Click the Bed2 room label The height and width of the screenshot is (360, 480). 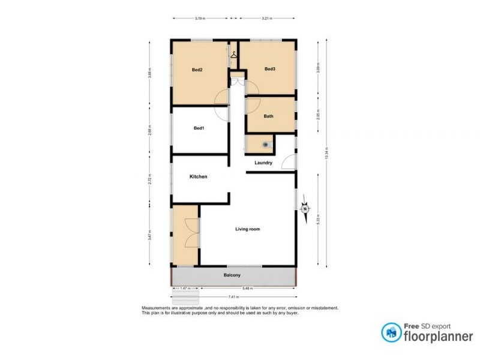[197, 70]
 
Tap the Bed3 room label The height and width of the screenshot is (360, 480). [270, 69]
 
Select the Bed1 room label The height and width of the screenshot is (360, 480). [199, 128]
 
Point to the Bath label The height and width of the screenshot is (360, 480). [268, 116]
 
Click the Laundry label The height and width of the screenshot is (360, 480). [263, 163]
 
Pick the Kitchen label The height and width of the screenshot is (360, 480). [199, 177]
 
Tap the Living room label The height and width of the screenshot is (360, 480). [247, 229]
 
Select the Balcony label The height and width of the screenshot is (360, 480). [232, 275]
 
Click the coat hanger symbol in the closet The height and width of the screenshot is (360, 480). [233, 53]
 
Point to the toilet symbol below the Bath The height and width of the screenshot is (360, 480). [264, 144]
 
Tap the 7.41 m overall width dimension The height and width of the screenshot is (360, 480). [232, 297]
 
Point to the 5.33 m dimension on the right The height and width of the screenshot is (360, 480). [317, 220]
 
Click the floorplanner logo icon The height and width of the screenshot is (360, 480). [391, 332]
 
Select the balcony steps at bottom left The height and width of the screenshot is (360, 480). [185, 299]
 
